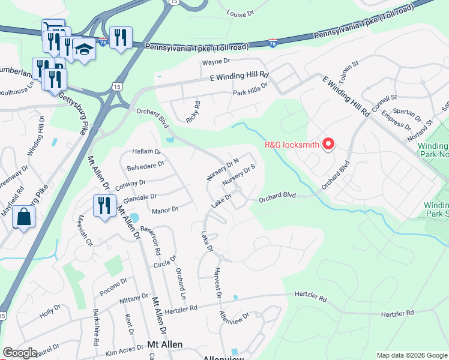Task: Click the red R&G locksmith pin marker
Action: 328,144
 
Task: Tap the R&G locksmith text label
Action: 292,145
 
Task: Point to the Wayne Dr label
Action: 216,62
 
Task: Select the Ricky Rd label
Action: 193,111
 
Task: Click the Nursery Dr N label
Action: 223,169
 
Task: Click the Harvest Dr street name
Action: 217,282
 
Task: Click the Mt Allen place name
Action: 164,345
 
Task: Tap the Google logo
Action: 20,353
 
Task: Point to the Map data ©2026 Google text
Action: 411,355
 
